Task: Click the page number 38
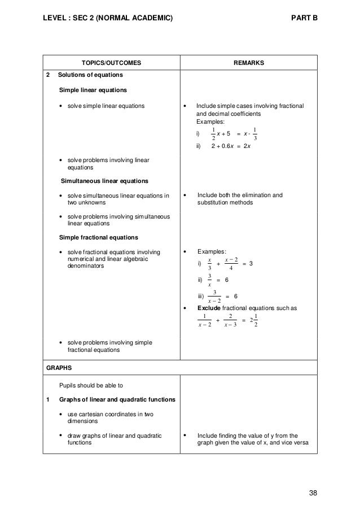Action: (x=313, y=492)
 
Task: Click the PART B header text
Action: (x=304, y=18)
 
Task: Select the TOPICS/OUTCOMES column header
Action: (x=110, y=63)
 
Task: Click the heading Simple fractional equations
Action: (x=95, y=237)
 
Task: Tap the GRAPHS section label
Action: (x=59, y=367)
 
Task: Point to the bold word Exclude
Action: (x=208, y=308)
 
